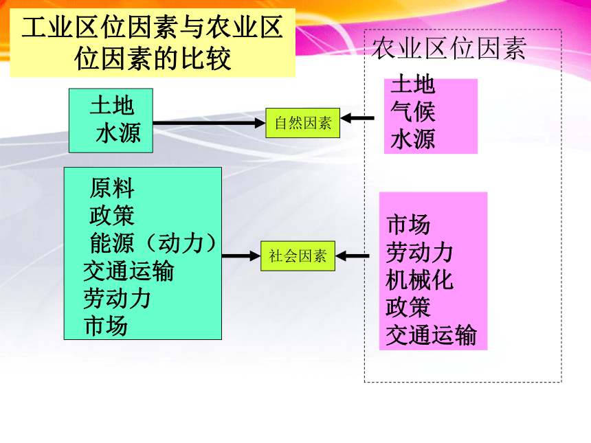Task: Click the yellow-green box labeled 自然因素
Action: (x=302, y=123)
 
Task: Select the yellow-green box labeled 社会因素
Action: (x=298, y=255)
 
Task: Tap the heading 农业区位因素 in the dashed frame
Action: (x=449, y=48)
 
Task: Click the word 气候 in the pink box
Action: (x=413, y=111)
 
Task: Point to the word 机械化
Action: (x=419, y=280)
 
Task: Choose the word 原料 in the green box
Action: (x=112, y=188)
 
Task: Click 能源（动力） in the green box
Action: (x=153, y=243)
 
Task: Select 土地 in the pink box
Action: (x=413, y=84)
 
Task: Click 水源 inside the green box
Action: (x=118, y=133)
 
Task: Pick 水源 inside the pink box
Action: (x=413, y=139)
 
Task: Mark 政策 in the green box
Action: (x=112, y=216)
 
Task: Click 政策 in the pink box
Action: (x=408, y=308)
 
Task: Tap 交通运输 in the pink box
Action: (x=431, y=335)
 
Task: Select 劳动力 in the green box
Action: (x=118, y=298)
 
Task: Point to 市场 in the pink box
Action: (x=409, y=225)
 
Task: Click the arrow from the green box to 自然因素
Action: (x=209, y=123)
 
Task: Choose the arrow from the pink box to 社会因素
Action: (x=353, y=256)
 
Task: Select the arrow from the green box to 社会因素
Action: (x=241, y=256)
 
